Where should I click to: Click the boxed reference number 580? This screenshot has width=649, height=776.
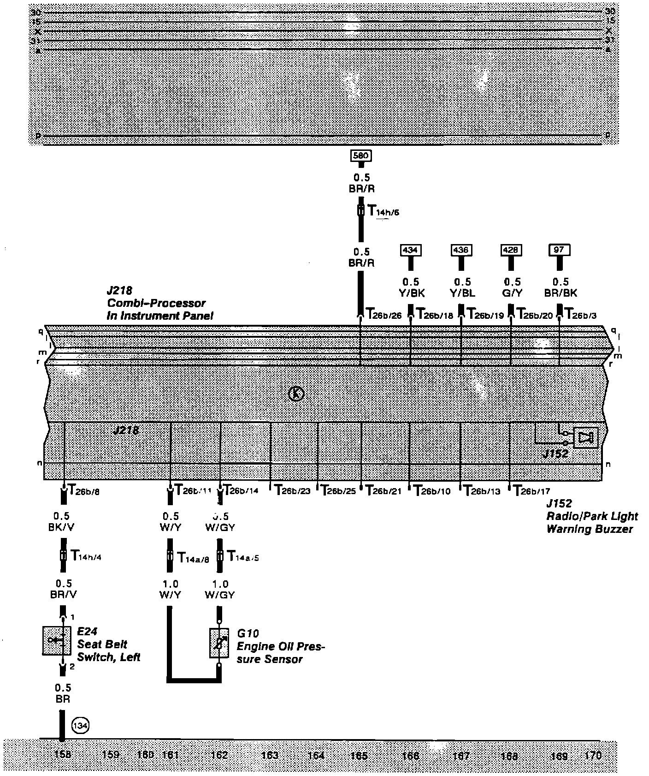[x=361, y=155]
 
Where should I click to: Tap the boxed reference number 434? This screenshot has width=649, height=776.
[x=410, y=250]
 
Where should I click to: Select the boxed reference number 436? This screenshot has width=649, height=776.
[x=461, y=250]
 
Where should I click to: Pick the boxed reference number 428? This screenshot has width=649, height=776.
[x=511, y=250]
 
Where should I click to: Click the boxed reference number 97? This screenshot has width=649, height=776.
[x=560, y=250]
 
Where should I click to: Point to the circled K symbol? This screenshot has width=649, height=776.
[x=296, y=394]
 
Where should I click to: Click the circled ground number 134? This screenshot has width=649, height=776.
[x=80, y=726]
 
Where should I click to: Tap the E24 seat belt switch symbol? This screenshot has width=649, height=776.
[x=57, y=640]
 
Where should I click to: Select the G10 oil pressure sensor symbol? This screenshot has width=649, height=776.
[x=219, y=643]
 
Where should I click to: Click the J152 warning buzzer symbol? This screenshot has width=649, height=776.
[x=585, y=437]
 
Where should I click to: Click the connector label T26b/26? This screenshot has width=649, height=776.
[x=383, y=314]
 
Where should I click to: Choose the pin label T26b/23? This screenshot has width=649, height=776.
[x=292, y=491]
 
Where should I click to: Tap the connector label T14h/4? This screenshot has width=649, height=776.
[x=86, y=556]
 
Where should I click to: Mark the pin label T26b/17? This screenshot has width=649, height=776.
[x=531, y=491]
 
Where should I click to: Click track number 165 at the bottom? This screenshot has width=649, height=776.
[x=359, y=756]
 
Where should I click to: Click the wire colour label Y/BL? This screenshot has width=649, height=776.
[x=462, y=293]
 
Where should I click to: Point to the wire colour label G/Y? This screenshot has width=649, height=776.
[x=512, y=293]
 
